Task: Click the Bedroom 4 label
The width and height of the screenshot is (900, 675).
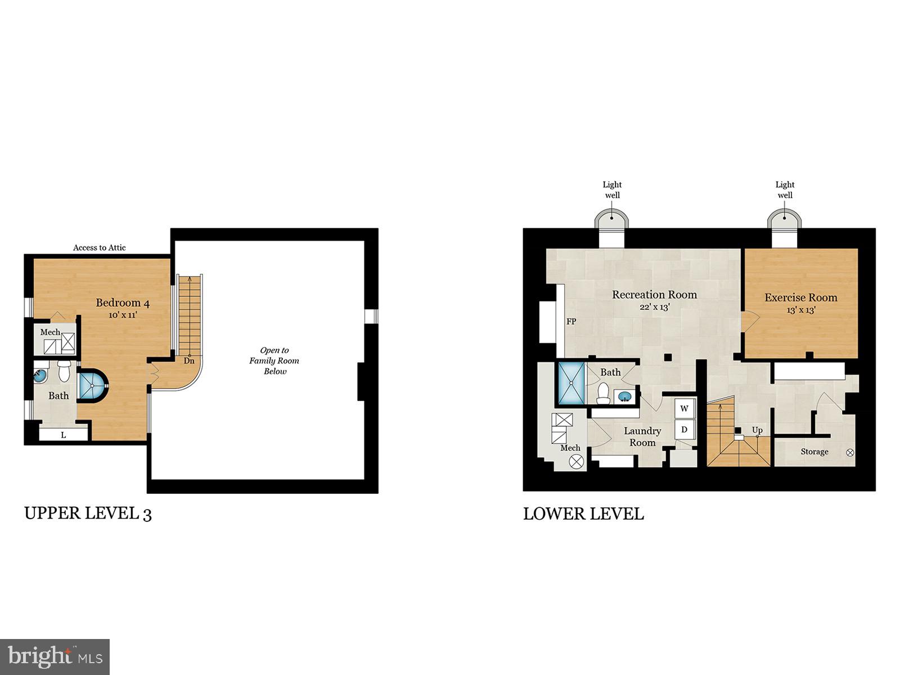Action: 123,303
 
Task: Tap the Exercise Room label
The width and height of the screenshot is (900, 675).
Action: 800,298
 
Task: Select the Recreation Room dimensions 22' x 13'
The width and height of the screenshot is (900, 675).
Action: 654,307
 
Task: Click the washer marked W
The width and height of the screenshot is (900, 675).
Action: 685,408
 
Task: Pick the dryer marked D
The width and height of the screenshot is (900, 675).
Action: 685,430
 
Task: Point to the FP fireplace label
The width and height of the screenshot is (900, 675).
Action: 571,322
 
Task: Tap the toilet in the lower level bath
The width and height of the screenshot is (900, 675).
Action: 603,392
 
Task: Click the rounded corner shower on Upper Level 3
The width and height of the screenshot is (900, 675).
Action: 91,386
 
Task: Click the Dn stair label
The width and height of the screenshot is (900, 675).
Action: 189,361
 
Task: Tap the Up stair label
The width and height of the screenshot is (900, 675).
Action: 757,430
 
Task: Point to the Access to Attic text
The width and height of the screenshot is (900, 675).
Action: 100,247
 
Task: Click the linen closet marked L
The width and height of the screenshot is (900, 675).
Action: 63,435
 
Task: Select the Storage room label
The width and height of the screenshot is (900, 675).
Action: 814,452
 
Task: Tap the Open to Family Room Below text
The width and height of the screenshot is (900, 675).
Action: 274,361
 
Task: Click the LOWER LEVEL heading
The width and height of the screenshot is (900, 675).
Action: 583,514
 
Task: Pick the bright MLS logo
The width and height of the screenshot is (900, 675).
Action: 55,656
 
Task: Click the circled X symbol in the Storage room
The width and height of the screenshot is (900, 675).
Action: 850,452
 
